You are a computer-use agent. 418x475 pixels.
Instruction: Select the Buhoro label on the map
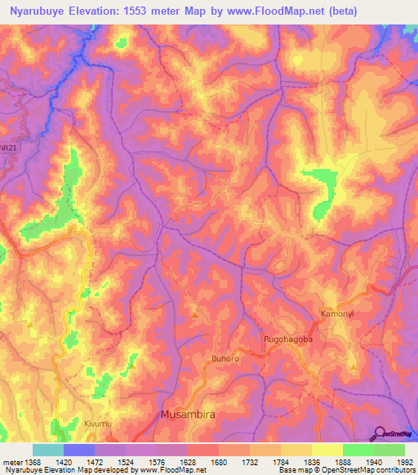[226, 358]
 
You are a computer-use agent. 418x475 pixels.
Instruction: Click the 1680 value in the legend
[216, 463]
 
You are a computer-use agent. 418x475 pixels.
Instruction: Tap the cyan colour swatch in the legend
[48, 450]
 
